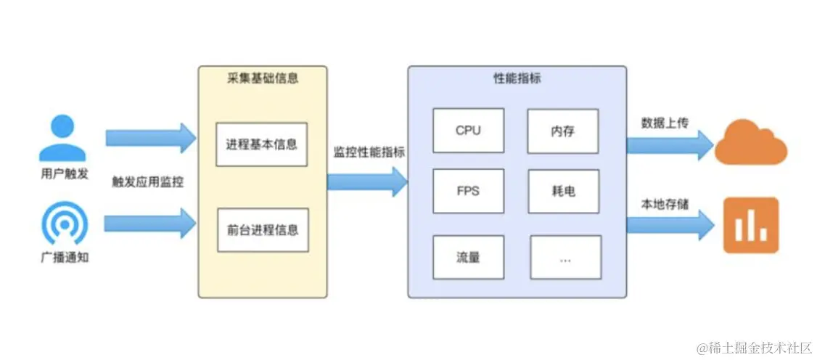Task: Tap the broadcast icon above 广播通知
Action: pyautogui.click(x=64, y=223)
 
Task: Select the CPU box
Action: pyautogui.click(x=468, y=131)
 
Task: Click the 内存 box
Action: pyautogui.click(x=563, y=131)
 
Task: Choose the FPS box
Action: pyautogui.click(x=468, y=191)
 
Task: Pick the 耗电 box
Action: pyautogui.click(x=563, y=191)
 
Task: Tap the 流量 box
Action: pyautogui.click(x=468, y=256)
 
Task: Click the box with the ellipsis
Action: pyautogui.click(x=565, y=256)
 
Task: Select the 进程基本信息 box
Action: pyautogui.click(x=262, y=144)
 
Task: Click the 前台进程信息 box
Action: pyautogui.click(x=262, y=230)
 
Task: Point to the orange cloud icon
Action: pyautogui.click(x=750, y=144)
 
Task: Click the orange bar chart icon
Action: pyautogui.click(x=750, y=226)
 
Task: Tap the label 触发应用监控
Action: pyautogui.click(x=147, y=182)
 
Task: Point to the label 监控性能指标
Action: pyautogui.click(x=369, y=153)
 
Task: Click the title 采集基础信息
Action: pyautogui.click(x=262, y=78)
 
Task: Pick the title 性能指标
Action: pyautogui.click(x=517, y=78)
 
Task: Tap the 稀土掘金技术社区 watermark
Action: pyautogui.click(x=754, y=348)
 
